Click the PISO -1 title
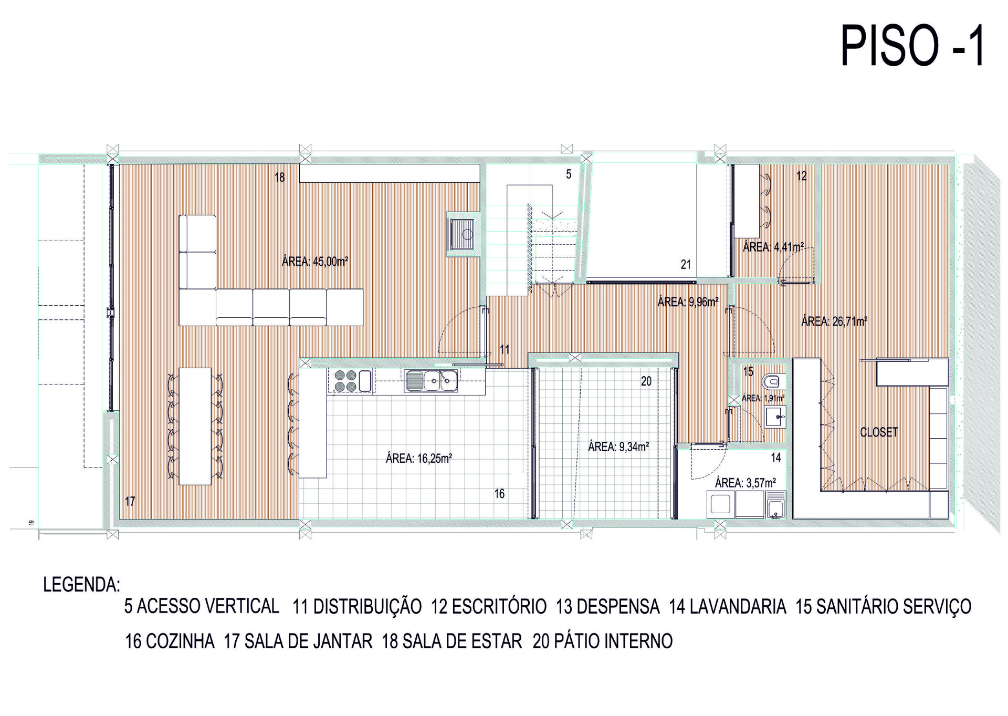click(x=913, y=46)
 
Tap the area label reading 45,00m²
click(x=315, y=261)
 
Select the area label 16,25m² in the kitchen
click(x=419, y=459)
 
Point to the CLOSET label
click(x=879, y=432)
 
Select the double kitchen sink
click(x=431, y=381)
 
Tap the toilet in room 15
click(x=774, y=381)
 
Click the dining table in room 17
click(x=195, y=426)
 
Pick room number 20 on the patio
click(x=646, y=381)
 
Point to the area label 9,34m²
click(x=618, y=447)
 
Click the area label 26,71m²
click(x=834, y=321)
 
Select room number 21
click(x=686, y=265)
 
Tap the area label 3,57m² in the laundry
click(x=745, y=483)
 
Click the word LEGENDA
click(x=81, y=585)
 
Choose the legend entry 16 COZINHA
click(x=170, y=641)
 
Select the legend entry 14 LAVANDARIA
click(x=728, y=606)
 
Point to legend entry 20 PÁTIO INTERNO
click(x=603, y=641)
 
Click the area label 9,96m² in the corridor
click(x=688, y=302)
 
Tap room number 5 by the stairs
click(x=569, y=174)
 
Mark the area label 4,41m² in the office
click(x=773, y=247)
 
